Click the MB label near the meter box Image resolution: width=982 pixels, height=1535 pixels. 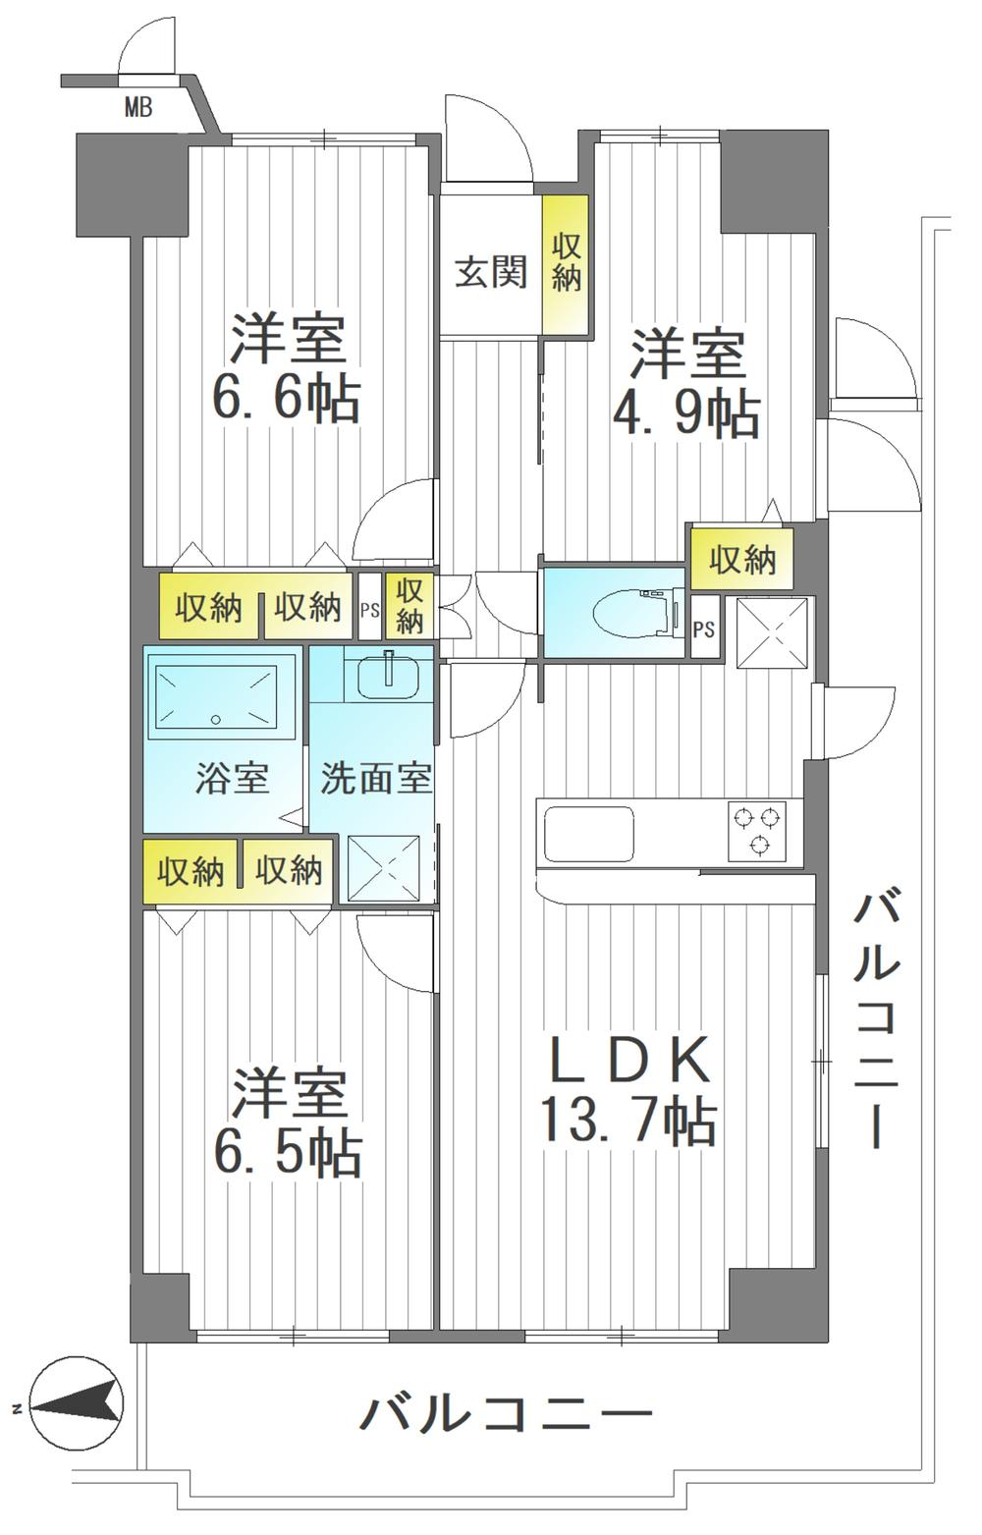[137, 108]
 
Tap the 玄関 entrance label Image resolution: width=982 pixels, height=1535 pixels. [491, 272]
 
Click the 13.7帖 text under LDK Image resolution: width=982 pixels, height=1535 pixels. [628, 1122]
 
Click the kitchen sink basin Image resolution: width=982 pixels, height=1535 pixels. [588, 834]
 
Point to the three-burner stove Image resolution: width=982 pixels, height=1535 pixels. [756, 830]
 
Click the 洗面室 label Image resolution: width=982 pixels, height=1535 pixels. [376, 778]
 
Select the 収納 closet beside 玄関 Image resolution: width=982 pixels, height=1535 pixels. [566, 264]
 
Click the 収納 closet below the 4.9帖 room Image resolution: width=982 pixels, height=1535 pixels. [742, 559]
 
